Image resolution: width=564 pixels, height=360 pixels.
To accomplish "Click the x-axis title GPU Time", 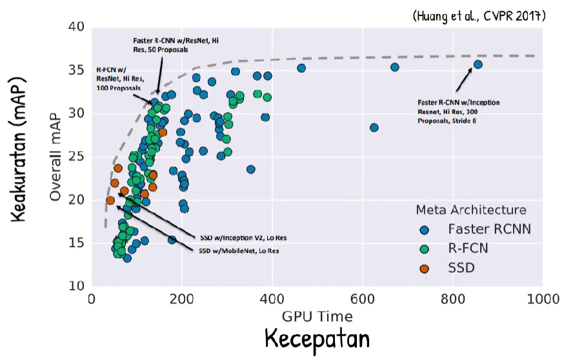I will (316, 316).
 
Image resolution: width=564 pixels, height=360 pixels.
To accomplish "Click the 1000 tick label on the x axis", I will (542, 299).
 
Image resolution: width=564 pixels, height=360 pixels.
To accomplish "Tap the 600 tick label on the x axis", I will (362, 299).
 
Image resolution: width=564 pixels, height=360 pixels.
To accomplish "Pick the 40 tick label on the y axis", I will (77, 27).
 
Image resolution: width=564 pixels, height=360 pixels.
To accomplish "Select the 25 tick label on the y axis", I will (77, 157).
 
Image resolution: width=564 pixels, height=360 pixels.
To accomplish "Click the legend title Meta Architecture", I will (470, 210).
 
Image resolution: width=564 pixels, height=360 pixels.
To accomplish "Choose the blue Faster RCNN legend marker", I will (424, 229).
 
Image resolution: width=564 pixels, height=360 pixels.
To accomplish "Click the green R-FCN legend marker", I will (424, 248).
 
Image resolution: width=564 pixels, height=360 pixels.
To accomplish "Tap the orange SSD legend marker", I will (424, 266).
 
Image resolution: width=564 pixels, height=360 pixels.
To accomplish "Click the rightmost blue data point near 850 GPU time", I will (478, 65).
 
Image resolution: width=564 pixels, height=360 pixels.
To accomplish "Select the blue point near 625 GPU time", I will (374, 128).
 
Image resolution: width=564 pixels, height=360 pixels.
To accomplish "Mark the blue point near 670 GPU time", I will (395, 67).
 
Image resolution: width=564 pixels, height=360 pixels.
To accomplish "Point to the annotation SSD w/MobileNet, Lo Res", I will (239, 250).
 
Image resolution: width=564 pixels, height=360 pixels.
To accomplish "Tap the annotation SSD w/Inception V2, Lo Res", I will (242, 237).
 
